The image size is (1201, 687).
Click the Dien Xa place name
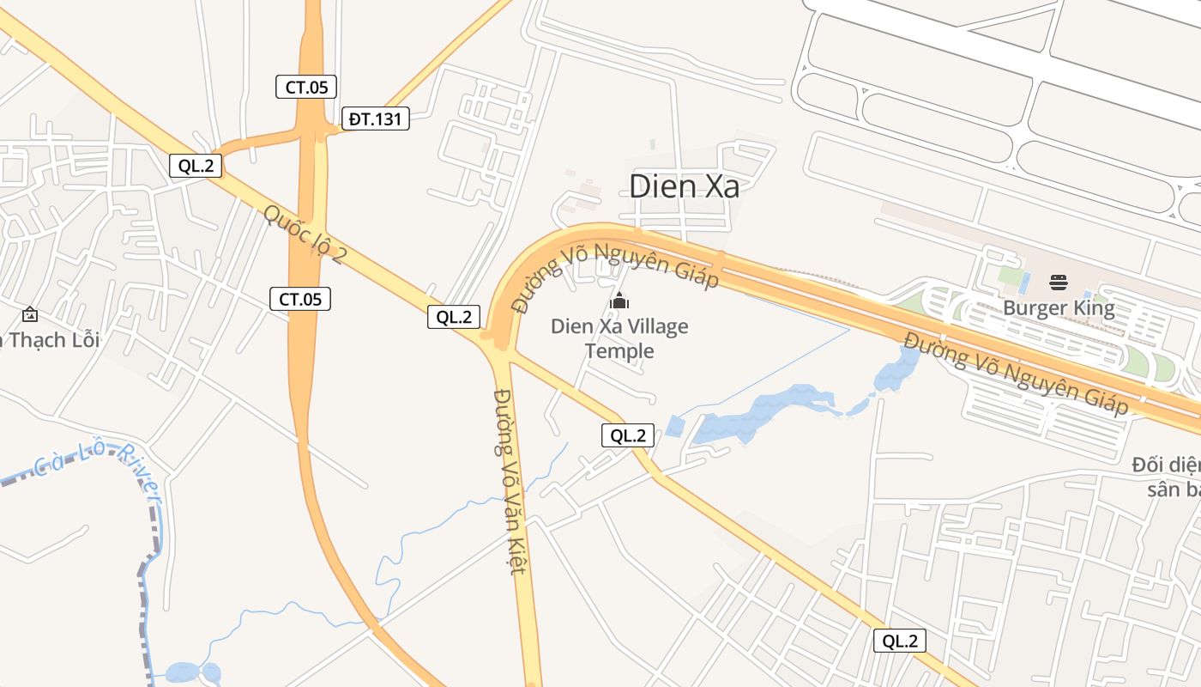[684, 186]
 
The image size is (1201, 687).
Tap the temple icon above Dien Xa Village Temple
[619, 301]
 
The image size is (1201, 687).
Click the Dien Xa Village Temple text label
[619, 338]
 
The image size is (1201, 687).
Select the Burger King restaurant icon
[1059, 282]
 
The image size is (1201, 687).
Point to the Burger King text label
[1059, 308]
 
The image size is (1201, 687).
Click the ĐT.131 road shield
[375, 119]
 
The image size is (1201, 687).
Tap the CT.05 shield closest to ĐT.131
[306, 87]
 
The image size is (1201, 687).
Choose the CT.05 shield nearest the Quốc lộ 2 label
[300, 299]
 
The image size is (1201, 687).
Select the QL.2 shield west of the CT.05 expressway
[196, 166]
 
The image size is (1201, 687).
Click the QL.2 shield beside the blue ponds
[628, 435]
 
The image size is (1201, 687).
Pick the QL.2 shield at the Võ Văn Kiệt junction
[454, 316]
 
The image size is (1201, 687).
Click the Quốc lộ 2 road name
[305, 234]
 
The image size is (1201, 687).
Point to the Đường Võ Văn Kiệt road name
[509, 481]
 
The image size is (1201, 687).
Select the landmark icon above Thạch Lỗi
[30, 314]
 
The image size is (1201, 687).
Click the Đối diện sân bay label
[1167, 477]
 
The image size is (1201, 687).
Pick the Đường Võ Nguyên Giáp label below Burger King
[1015, 373]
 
